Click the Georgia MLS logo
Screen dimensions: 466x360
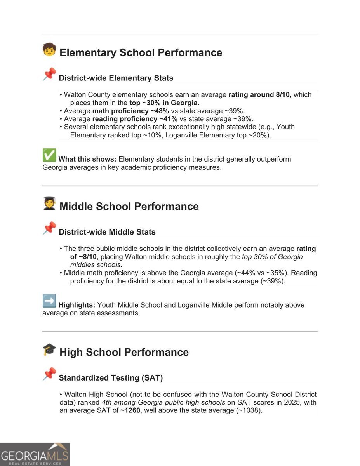click(35, 454)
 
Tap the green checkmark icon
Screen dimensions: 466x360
click(49, 155)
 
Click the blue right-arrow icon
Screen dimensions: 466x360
click(49, 301)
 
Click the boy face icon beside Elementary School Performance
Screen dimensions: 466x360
click(49, 50)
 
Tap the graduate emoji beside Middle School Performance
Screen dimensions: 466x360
click(49, 203)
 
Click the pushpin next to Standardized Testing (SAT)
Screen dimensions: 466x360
click(49, 374)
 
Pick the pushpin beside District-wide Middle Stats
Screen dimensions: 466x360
click(49, 228)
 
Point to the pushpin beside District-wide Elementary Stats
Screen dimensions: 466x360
click(49, 74)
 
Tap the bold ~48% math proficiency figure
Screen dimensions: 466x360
click(158, 111)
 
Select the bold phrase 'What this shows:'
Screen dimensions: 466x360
click(87, 159)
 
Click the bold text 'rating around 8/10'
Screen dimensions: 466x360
click(260, 95)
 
